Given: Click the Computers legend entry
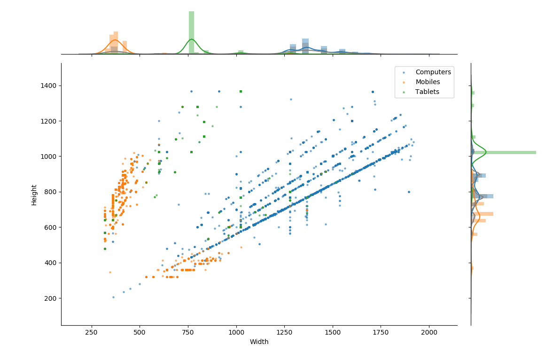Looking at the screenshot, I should pyautogui.click(x=433, y=72).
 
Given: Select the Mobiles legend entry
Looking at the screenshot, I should pyautogui.click(x=428, y=82).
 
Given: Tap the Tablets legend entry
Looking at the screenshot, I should pyautogui.click(x=427, y=92).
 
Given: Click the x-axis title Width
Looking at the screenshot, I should pyautogui.click(x=259, y=342).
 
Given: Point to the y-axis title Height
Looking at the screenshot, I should pyautogui.click(x=34, y=194).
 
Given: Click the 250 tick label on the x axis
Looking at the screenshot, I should pyautogui.click(x=92, y=333).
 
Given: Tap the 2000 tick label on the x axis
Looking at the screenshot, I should pyautogui.click(x=429, y=333).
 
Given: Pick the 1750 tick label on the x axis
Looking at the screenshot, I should pyautogui.click(x=381, y=333).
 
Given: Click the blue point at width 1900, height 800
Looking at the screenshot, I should pyautogui.click(x=409, y=192).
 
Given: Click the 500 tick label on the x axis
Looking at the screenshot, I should pyautogui.click(x=140, y=333).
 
